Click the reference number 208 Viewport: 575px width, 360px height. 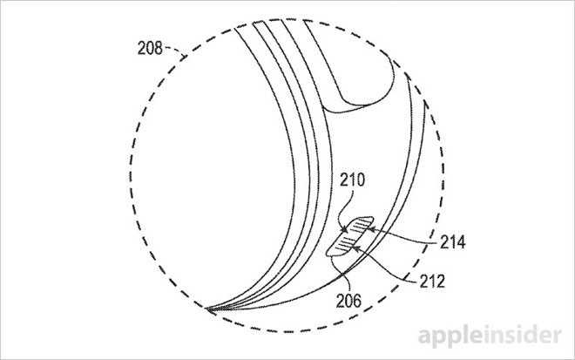pos(150,48)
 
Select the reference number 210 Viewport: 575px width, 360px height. pos(353,180)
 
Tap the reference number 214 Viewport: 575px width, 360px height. pos(453,242)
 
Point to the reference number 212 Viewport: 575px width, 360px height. pos(432,281)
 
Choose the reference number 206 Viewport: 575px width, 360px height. pos(348,301)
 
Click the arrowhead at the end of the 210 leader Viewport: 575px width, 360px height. pos(345,230)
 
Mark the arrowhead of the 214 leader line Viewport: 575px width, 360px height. pos(370,230)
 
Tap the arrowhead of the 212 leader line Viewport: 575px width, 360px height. pos(355,248)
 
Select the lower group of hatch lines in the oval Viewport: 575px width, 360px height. pos(347,244)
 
